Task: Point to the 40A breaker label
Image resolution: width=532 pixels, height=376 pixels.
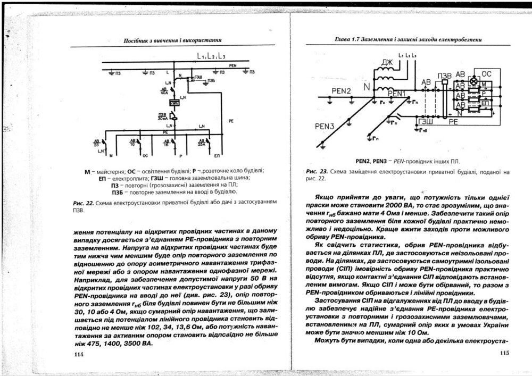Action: point(164,90)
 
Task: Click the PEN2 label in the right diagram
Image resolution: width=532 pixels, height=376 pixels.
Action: point(342,91)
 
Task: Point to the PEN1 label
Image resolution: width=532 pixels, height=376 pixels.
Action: point(396,94)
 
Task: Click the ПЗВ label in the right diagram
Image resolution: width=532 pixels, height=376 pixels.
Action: point(443,74)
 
